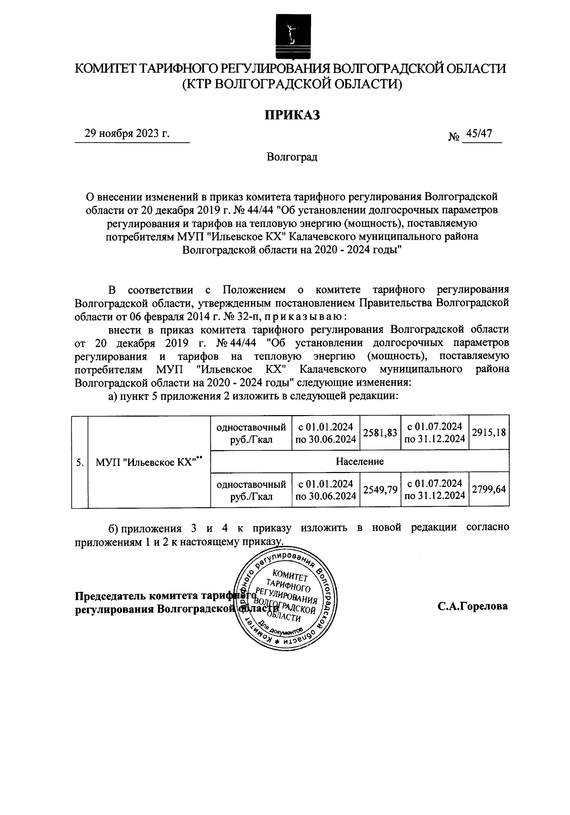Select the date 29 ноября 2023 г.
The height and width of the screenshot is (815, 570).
pos(127,133)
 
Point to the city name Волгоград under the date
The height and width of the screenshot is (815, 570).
pos(292,157)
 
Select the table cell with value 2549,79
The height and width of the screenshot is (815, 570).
pos(380,490)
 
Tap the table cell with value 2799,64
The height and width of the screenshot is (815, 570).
pos(489,490)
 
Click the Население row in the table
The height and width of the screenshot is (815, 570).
pos(360,461)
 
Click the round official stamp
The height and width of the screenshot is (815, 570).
pos(285,600)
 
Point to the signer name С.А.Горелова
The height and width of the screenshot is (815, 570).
pos(473,606)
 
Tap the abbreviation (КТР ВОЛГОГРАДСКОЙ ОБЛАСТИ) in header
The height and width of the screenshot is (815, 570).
pos(292,85)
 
